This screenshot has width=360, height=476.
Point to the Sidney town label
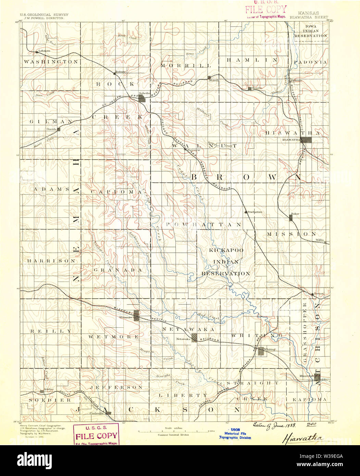tap(121, 72)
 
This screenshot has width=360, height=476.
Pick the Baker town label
tap(295, 214)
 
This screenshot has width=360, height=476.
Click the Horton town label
tap(319, 294)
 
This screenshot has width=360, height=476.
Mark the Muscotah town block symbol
tap(318, 377)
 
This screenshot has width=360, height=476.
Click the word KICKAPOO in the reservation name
tap(226, 250)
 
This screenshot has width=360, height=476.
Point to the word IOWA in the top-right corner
tap(311, 26)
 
